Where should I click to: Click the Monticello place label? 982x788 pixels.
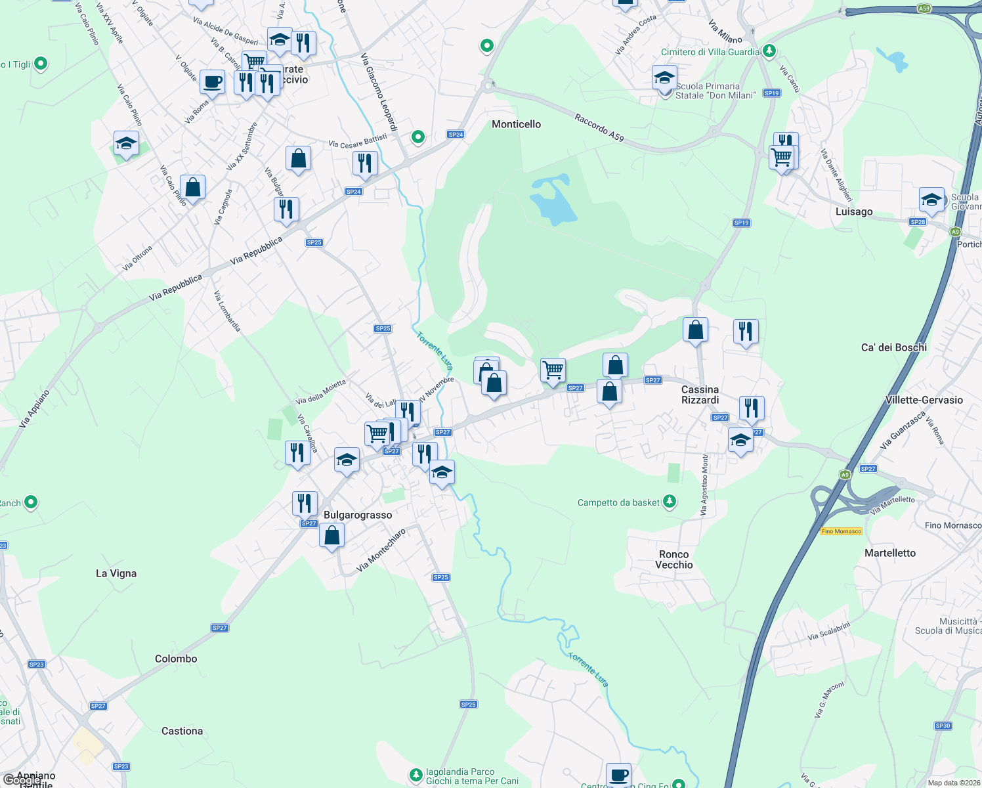(x=517, y=124)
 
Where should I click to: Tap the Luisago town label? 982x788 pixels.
(x=854, y=211)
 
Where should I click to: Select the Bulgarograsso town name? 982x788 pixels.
(x=358, y=515)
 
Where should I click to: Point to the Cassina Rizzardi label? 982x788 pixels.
(x=700, y=395)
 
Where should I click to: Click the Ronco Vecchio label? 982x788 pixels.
(x=673, y=559)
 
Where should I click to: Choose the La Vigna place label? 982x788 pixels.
(x=116, y=573)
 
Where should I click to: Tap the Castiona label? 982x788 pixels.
(x=182, y=731)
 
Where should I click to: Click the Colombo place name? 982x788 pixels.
(x=176, y=659)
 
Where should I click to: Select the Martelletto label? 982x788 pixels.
(x=889, y=553)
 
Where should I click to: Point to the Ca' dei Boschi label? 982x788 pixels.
(x=893, y=347)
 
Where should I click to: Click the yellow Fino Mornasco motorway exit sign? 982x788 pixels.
(x=841, y=531)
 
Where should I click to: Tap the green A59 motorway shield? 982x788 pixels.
(x=924, y=9)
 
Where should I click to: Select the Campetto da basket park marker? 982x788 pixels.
(x=670, y=502)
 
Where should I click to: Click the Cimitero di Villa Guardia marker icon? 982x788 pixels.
(x=769, y=51)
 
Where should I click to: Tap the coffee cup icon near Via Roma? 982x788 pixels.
(x=212, y=82)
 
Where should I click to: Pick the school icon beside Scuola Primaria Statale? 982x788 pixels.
(x=664, y=77)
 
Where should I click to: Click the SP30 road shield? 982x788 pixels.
(x=943, y=726)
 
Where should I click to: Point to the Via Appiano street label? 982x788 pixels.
(x=34, y=409)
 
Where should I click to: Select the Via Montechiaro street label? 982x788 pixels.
(x=381, y=550)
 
